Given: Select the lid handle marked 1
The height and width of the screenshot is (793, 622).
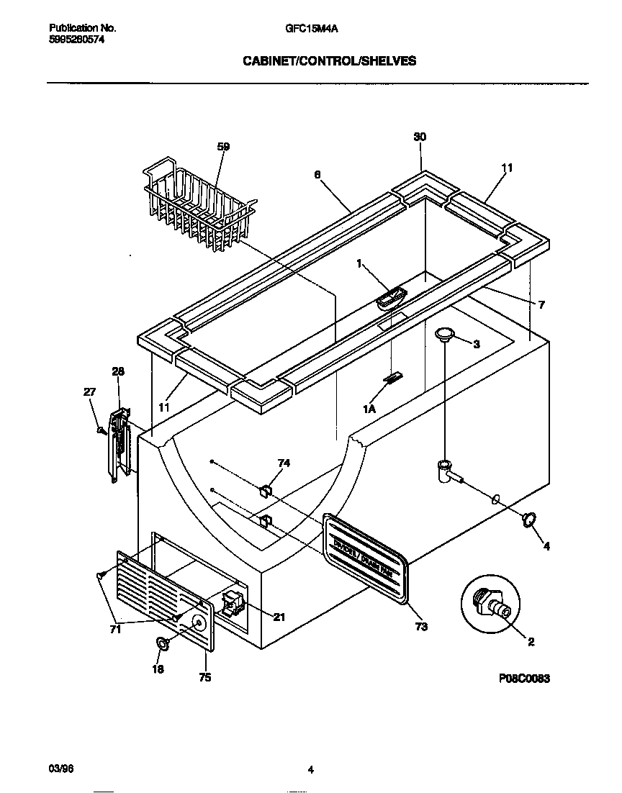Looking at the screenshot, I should [x=390, y=298].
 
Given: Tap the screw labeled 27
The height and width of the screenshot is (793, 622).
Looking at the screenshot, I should [x=102, y=430].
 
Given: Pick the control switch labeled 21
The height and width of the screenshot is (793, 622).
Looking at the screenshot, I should [x=233, y=603].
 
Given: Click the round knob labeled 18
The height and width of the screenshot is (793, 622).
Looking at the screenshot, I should [x=163, y=643].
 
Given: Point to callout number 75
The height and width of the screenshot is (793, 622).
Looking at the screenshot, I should [x=205, y=677].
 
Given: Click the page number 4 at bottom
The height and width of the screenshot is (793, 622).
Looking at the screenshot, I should [x=310, y=771].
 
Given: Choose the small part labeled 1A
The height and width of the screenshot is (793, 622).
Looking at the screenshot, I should [x=393, y=379].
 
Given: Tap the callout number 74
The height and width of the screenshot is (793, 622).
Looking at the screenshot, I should [x=284, y=463].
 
